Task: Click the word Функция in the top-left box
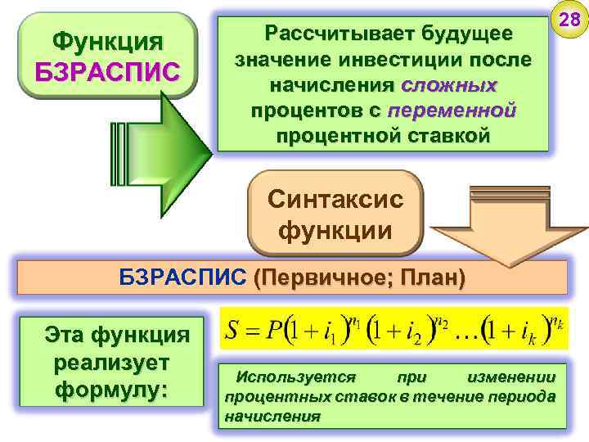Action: point(107,40)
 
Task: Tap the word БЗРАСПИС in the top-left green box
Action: point(107,70)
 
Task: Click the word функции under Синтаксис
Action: point(335,230)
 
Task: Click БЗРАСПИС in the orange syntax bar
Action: point(182,277)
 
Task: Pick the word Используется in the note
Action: point(295,377)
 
